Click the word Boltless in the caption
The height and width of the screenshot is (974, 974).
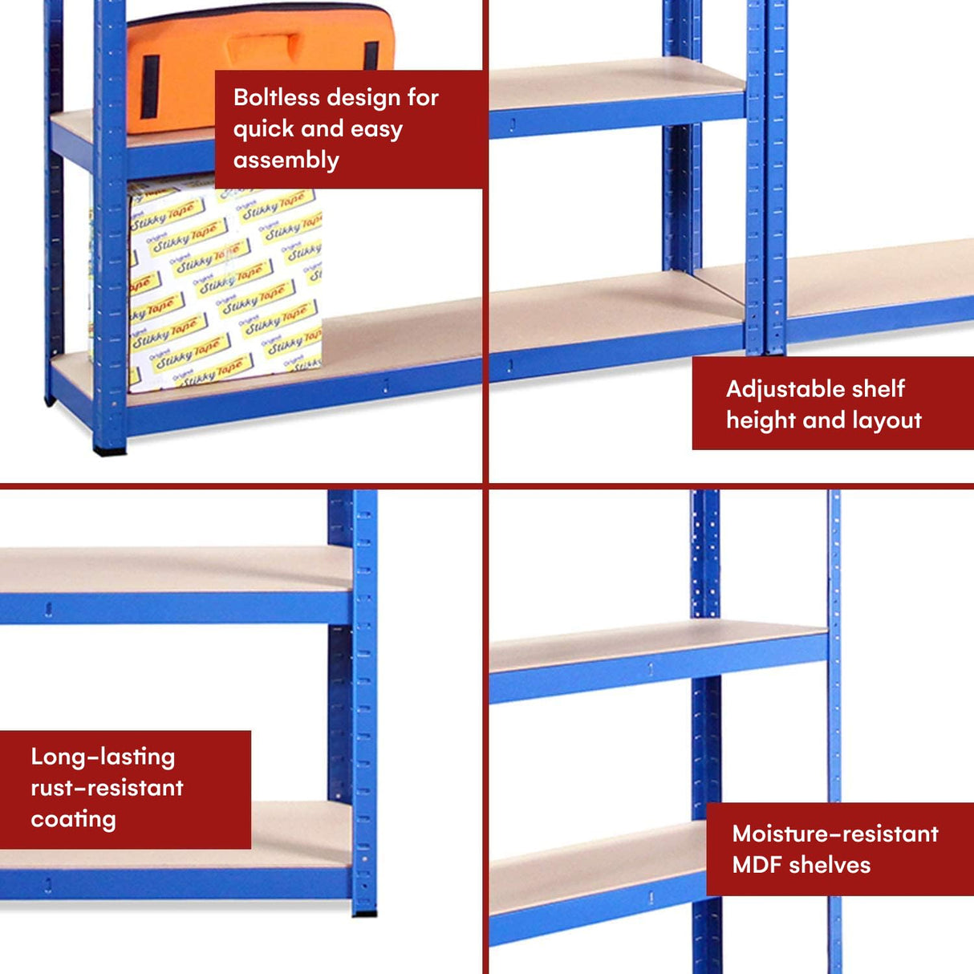pyautogui.click(x=276, y=98)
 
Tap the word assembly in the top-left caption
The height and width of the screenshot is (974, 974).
pyautogui.click(x=286, y=160)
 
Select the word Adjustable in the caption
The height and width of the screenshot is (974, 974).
pyautogui.click(x=775, y=390)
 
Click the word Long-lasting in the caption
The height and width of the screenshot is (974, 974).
pyautogui.click(x=103, y=757)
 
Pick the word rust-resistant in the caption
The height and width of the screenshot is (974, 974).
pyautogui.click(x=107, y=788)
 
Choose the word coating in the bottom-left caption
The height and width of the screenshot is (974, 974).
pyautogui.click(x=73, y=819)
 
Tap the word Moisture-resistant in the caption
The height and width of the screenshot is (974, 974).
pyautogui.click(x=834, y=834)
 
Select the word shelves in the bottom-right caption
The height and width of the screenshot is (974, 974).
pyautogui.click(x=829, y=865)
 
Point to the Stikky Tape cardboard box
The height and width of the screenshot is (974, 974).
pyautogui.click(x=225, y=289)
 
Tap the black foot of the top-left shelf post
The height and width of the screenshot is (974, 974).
pyautogui.click(x=110, y=451)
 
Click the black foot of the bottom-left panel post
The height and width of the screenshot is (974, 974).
pyautogui.click(x=364, y=912)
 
